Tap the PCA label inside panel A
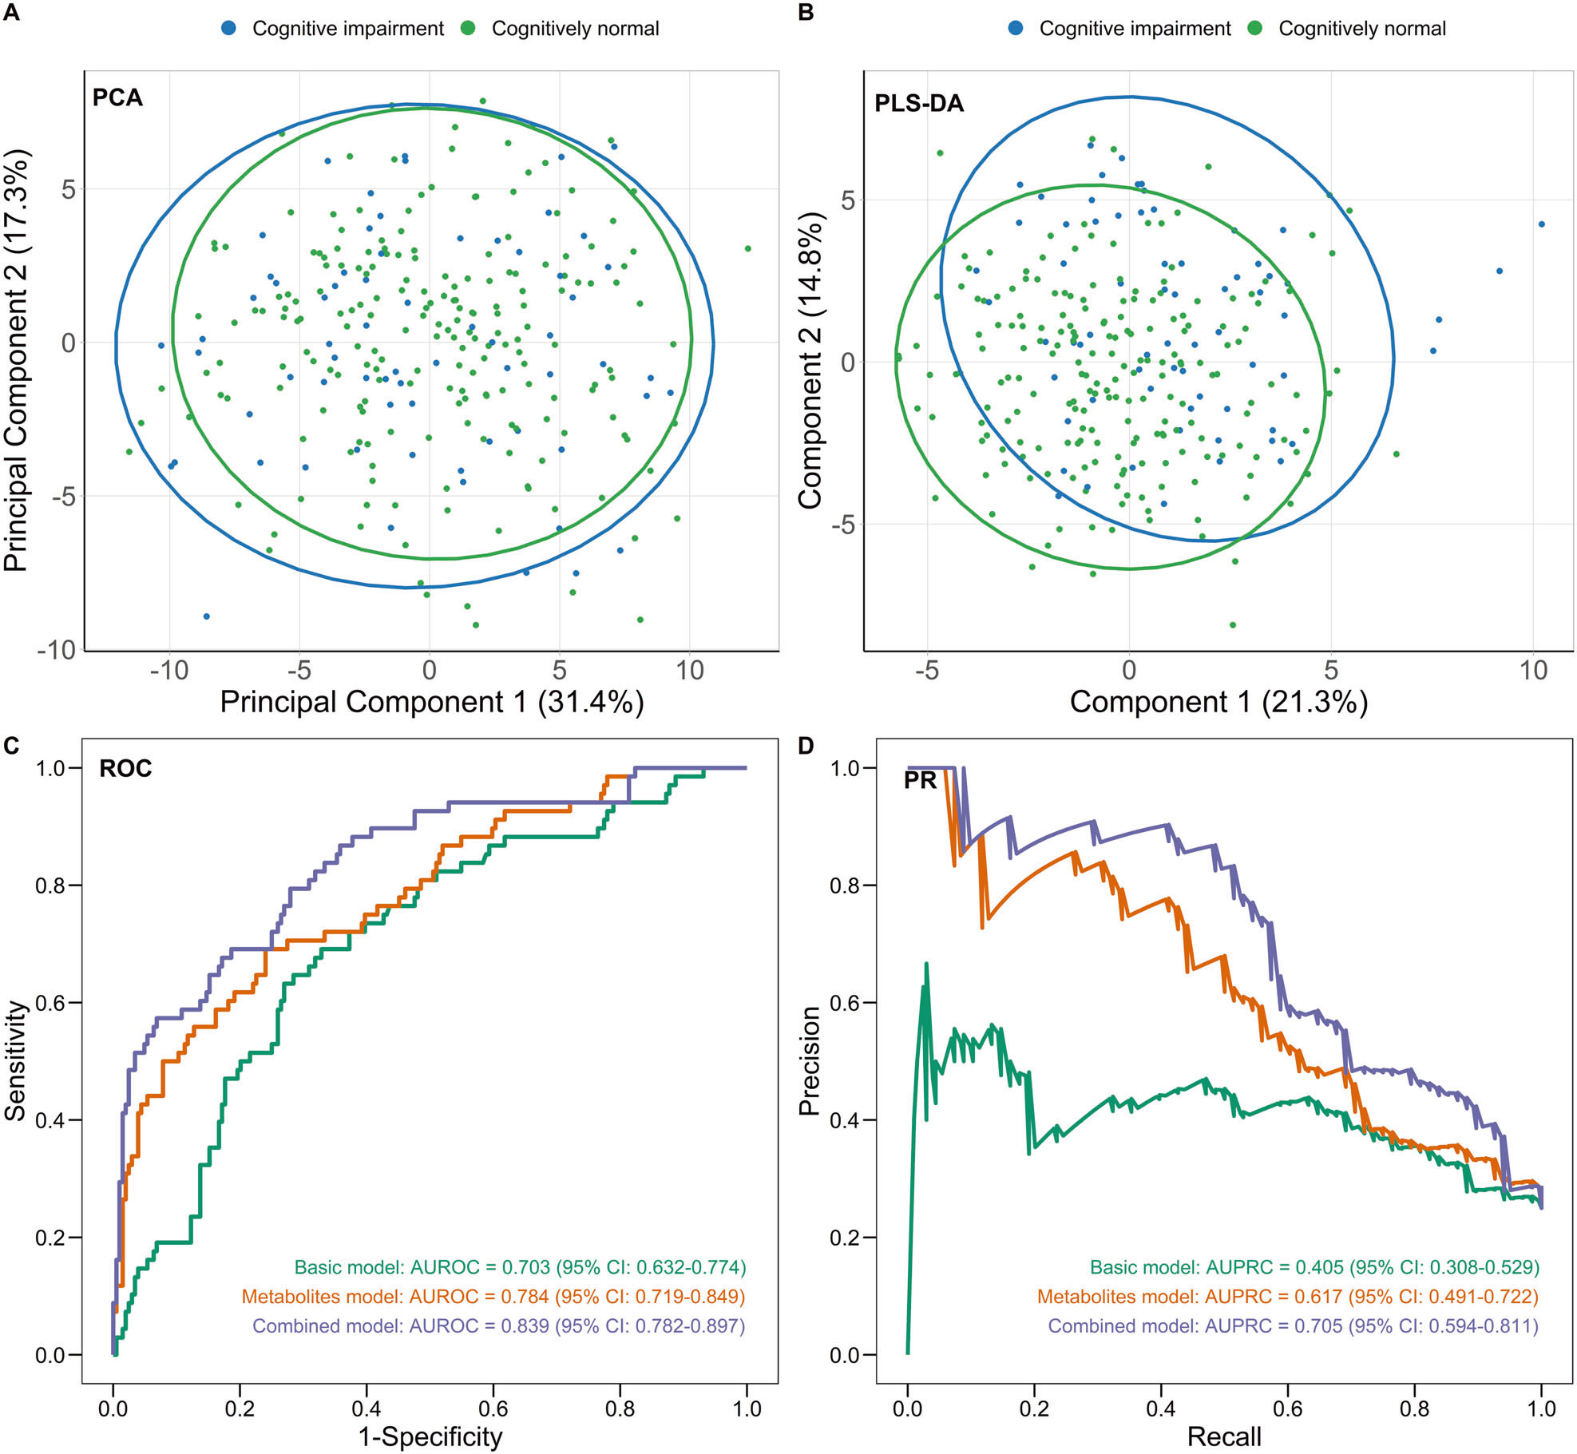click(x=117, y=97)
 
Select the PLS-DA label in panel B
click(x=919, y=103)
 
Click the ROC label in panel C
click(x=125, y=768)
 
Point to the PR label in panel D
click(x=920, y=780)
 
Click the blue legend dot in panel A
click(x=229, y=28)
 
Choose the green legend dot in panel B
click(x=1254, y=28)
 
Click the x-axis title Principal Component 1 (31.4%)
click(x=431, y=702)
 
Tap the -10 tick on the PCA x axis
click(x=168, y=670)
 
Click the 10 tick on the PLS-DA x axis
click(x=1533, y=670)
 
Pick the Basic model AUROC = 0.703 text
click(x=520, y=1267)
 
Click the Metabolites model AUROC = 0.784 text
click(x=493, y=1297)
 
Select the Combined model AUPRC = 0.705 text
click(x=1293, y=1325)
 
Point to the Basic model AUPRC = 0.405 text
click(x=1314, y=1267)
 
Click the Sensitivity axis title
click(x=15, y=1060)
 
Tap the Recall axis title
click(x=1224, y=1436)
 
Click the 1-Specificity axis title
click(x=430, y=1436)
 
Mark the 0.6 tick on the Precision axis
click(x=846, y=1002)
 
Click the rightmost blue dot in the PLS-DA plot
click(x=1542, y=224)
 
